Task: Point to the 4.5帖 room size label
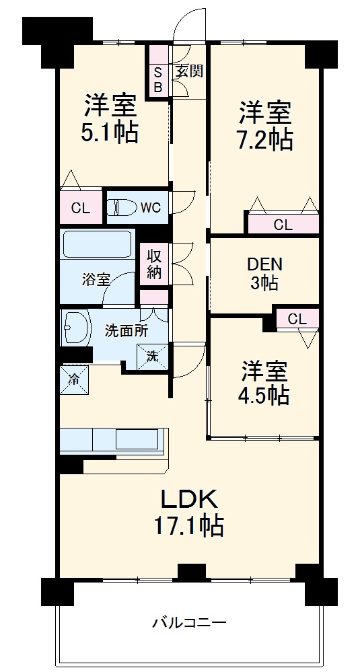point(264,395)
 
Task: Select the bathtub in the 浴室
point(97,245)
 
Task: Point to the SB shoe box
point(158,79)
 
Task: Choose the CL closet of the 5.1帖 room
point(81,208)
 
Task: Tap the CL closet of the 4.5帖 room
point(297,320)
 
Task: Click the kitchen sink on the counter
point(137,439)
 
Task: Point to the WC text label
point(150,208)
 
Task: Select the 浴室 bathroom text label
point(97,279)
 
